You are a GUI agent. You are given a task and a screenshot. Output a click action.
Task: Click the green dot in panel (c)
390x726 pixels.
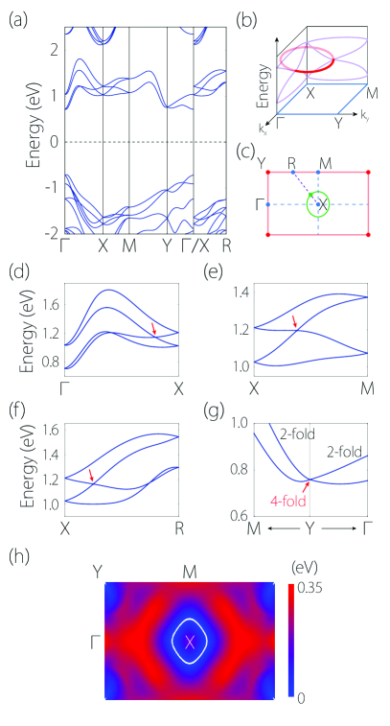[311, 195]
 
